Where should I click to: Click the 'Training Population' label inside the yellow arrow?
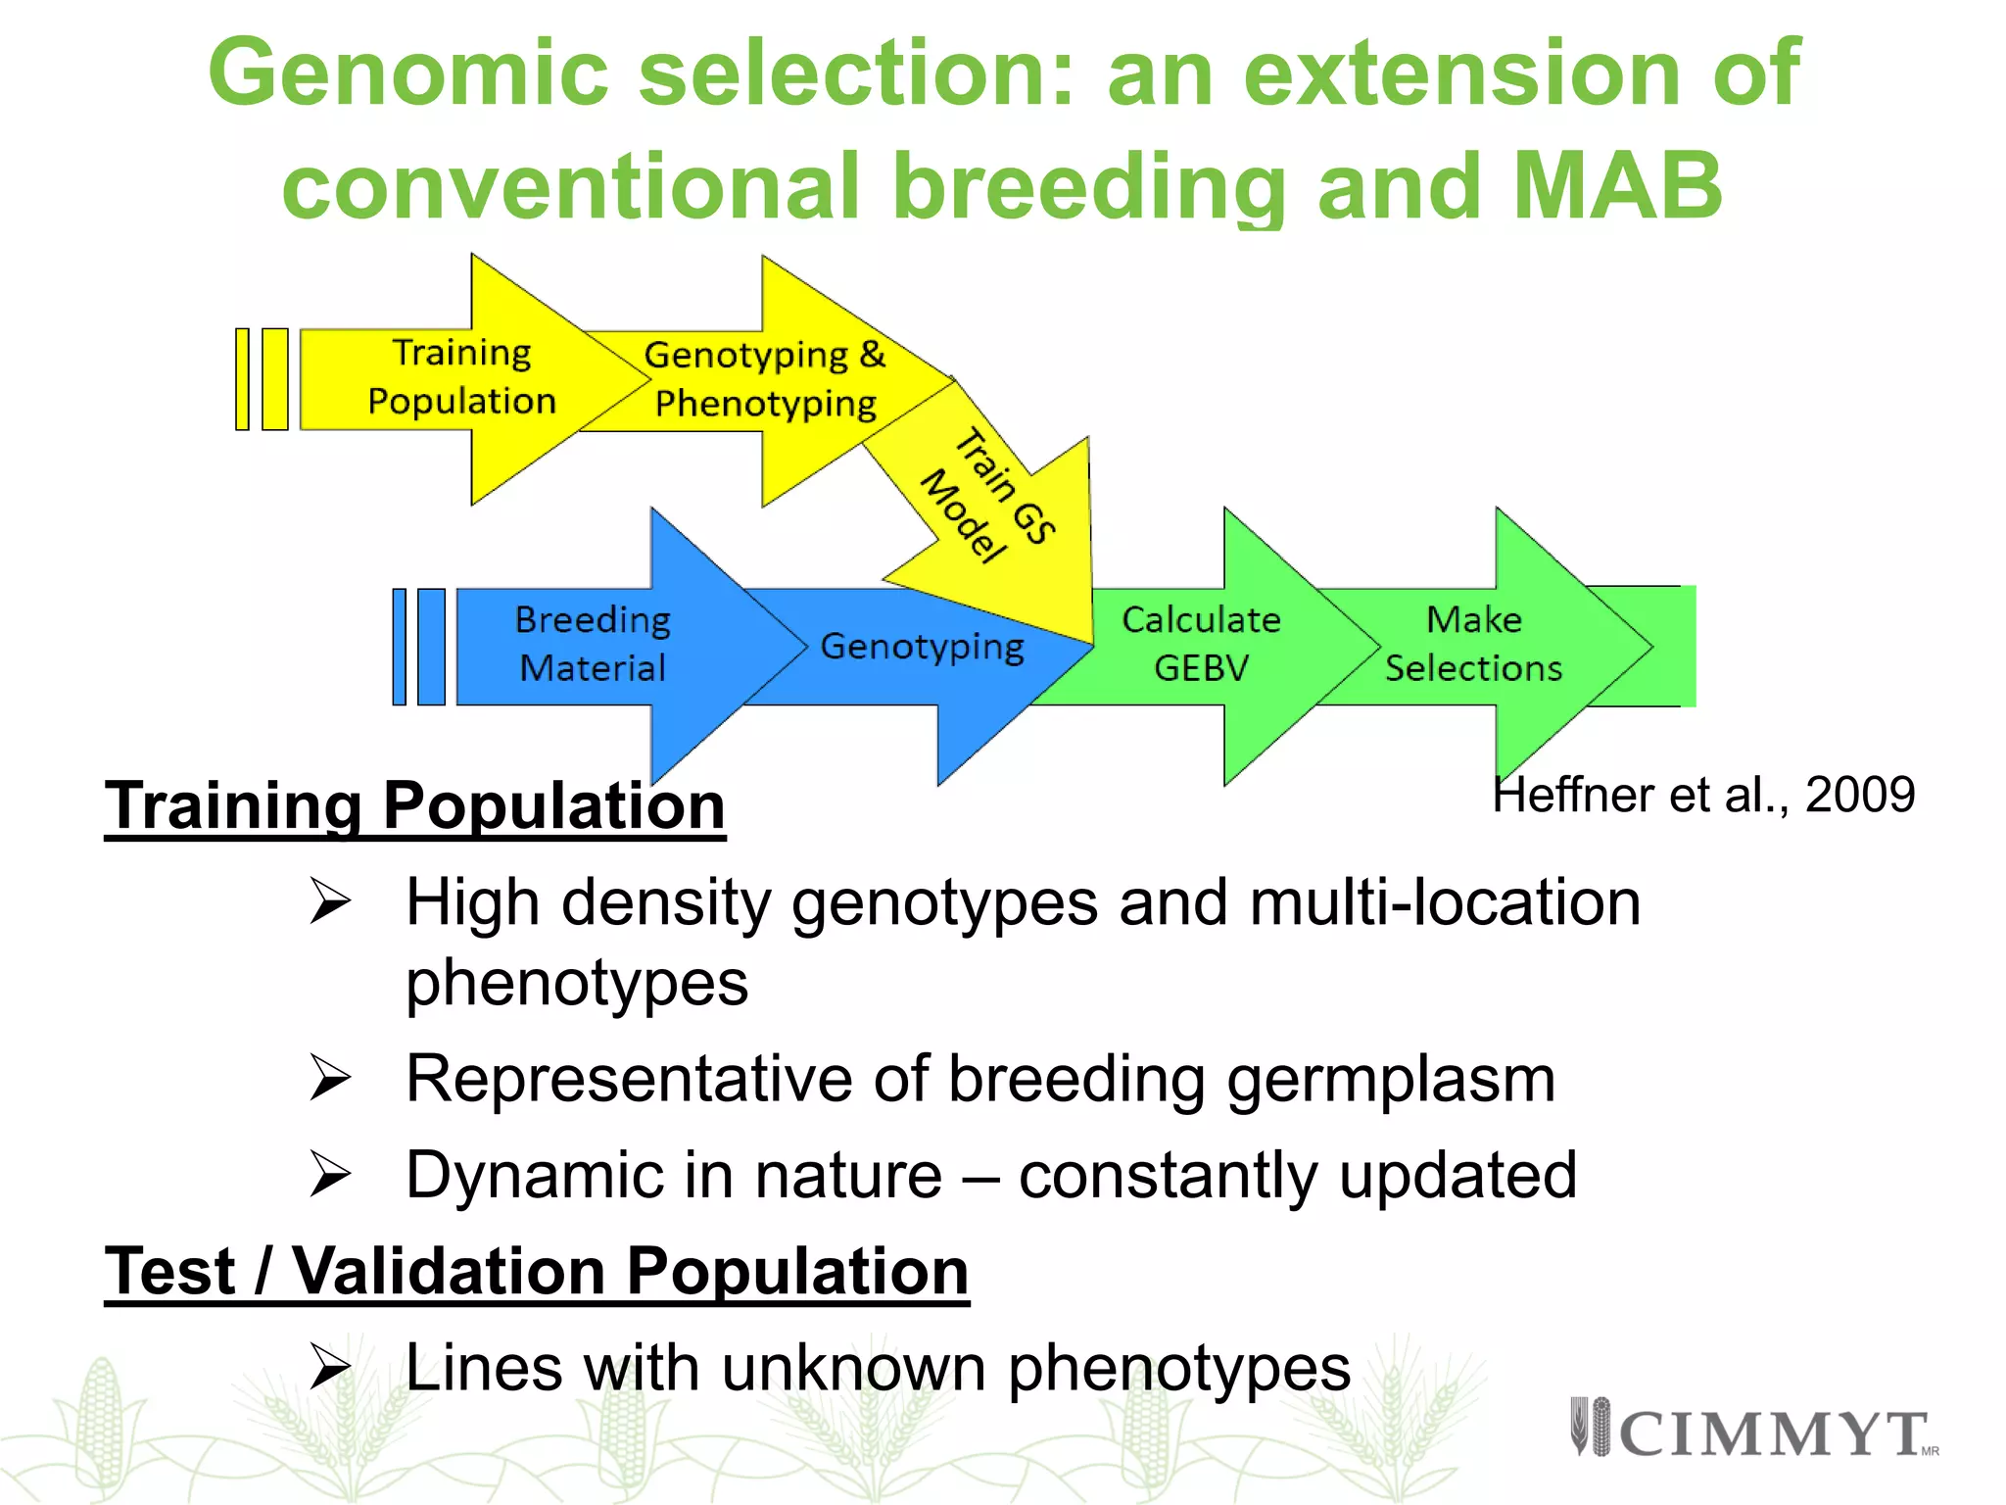click(461, 377)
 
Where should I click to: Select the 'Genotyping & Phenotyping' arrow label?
click(765, 379)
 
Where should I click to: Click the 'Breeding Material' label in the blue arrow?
click(593, 644)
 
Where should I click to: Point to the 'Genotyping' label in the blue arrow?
click(922, 646)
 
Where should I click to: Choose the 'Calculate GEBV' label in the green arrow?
click(1201, 644)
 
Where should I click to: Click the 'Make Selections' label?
click(1473, 644)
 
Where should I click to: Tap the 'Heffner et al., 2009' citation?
click(1703, 795)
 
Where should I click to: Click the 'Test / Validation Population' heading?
click(536, 1271)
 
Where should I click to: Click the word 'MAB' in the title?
click(1616, 186)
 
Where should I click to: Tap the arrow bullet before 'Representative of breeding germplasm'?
click(330, 1079)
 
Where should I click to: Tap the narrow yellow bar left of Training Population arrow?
click(242, 379)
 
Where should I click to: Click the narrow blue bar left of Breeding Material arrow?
click(399, 647)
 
